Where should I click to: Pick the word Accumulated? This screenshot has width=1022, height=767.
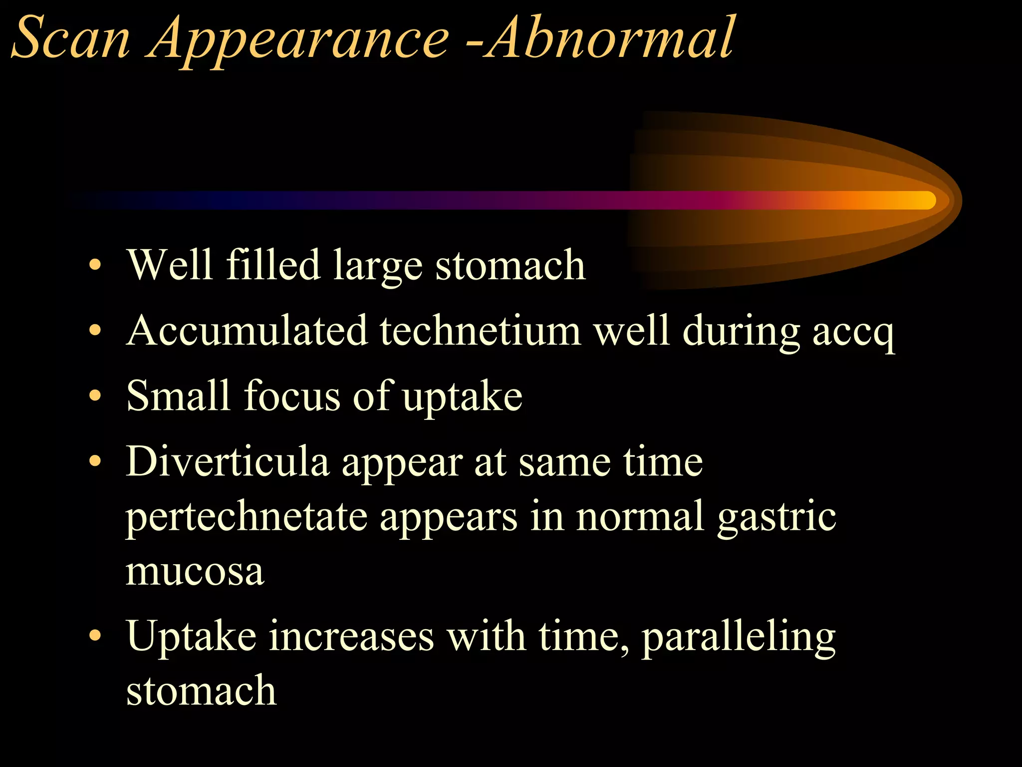click(247, 330)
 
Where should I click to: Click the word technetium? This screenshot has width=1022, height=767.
click(480, 330)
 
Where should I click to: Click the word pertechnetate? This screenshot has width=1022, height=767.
click(247, 517)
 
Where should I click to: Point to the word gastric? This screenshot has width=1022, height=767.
click(776, 518)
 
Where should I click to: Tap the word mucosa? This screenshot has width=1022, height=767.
click(195, 571)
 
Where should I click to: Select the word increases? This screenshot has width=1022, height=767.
click(351, 637)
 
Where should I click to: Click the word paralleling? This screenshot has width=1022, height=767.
click(739, 638)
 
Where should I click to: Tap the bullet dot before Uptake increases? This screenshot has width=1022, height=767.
click(95, 636)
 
